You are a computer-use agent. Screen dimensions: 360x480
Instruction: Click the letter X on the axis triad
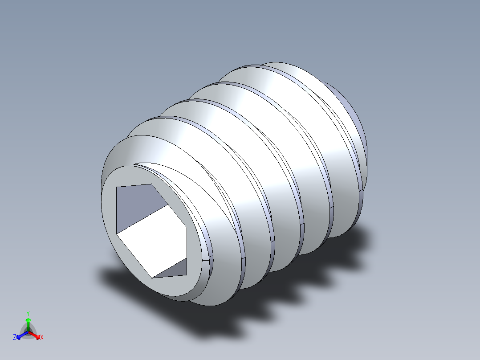[x=41, y=338]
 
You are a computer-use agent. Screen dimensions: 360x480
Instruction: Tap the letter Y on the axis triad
[x=28, y=313]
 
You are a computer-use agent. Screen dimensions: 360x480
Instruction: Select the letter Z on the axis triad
[x=15, y=338]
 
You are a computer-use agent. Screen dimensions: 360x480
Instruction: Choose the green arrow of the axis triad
[x=28, y=323]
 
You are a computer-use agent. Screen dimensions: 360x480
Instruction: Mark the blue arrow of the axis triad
[x=20, y=335]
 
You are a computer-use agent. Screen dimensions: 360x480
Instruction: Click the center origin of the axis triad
[x=28, y=332]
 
